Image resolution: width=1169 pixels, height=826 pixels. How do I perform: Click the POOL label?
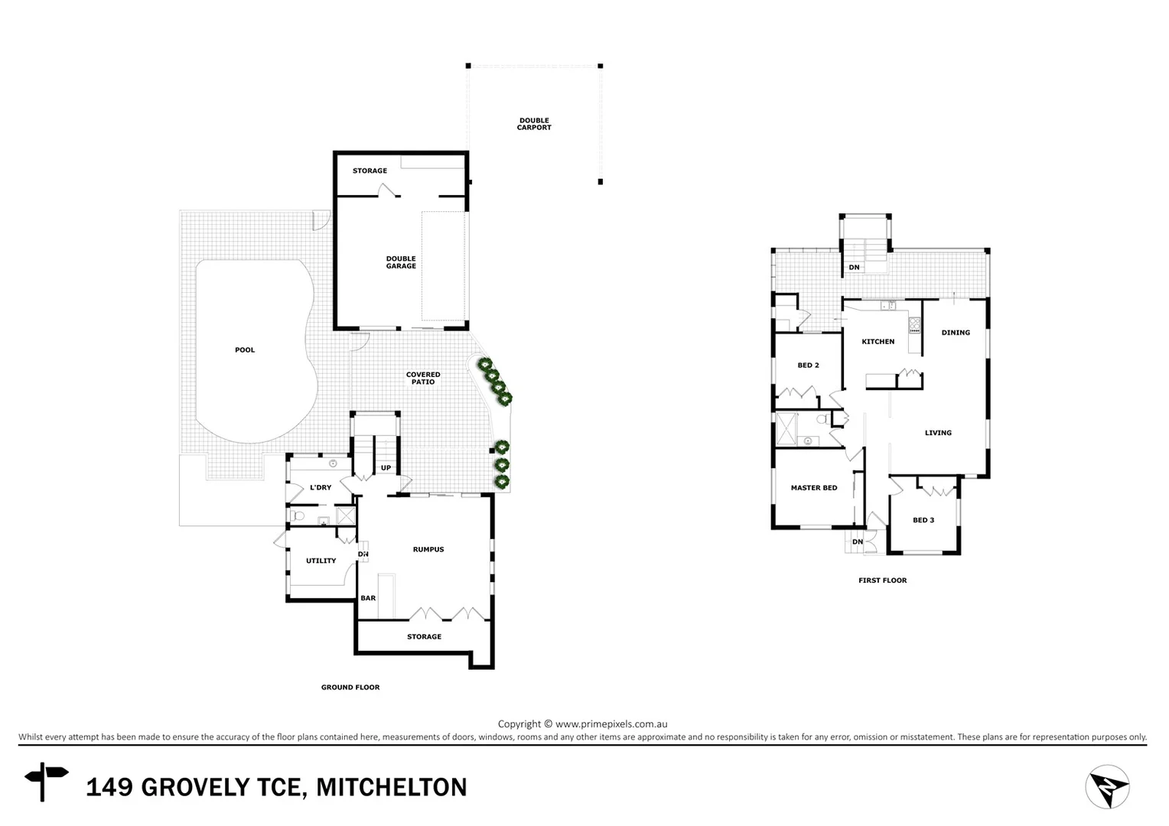[x=245, y=350]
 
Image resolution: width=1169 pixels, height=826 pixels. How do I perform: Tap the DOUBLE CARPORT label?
[x=534, y=124]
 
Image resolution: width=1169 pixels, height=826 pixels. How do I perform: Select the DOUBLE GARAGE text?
[x=401, y=262]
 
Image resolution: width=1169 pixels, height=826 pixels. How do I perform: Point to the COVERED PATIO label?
[x=423, y=379]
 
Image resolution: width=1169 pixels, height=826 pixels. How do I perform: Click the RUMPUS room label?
[x=428, y=550]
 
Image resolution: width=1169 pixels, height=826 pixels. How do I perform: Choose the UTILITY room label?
[x=321, y=561]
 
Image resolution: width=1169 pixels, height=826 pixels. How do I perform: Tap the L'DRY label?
[x=321, y=488]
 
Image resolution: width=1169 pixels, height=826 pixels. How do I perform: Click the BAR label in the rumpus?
[x=368, y=599]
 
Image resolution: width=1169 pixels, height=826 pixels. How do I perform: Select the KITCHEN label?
[x=878, y=342]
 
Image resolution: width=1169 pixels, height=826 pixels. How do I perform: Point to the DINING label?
[x=956, y=333]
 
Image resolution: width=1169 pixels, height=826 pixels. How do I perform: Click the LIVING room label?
[x=938, y=433]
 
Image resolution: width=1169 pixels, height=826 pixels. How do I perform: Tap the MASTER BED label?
[x=814, y=488]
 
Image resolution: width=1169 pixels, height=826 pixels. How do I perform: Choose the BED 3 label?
[x=923, y=521]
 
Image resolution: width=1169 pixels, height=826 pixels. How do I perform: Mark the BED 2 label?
[x=808, y=366]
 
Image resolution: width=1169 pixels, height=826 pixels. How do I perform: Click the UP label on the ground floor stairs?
[x=386, y=468]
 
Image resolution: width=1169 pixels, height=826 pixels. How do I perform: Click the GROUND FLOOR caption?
[x=350, y=688]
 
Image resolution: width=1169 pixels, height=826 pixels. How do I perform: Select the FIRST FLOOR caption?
[x=882, y=580]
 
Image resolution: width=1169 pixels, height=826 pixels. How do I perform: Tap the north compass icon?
[x=1107, y=786]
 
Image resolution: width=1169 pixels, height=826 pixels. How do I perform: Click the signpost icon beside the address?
[x=46, y=780]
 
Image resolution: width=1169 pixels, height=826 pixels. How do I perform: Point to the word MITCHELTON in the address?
[x=391, y=788]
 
